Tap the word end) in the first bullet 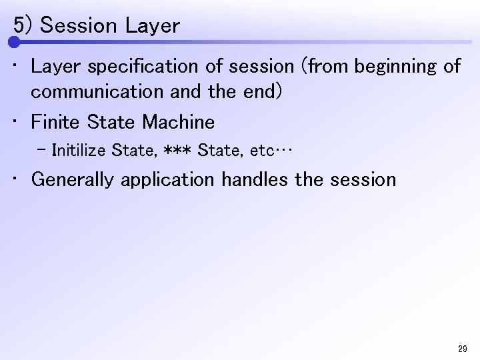click(259, 92)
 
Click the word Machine click(179, 123)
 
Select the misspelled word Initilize click(79, 150)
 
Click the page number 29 click(463, 348)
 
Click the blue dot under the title click(14, 42)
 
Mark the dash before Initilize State click(43, 149)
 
